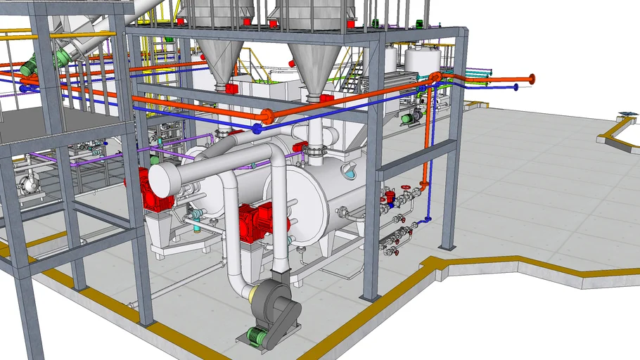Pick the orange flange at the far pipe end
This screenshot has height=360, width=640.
531,79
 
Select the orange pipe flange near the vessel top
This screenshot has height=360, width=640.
267,116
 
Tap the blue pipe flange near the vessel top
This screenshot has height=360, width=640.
257,129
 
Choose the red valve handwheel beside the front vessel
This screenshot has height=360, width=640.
405,188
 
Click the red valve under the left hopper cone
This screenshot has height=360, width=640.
231,89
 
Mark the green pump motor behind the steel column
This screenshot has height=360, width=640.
407,119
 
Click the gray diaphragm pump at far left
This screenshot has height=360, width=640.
28,185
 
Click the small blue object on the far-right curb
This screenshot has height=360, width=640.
627,113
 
